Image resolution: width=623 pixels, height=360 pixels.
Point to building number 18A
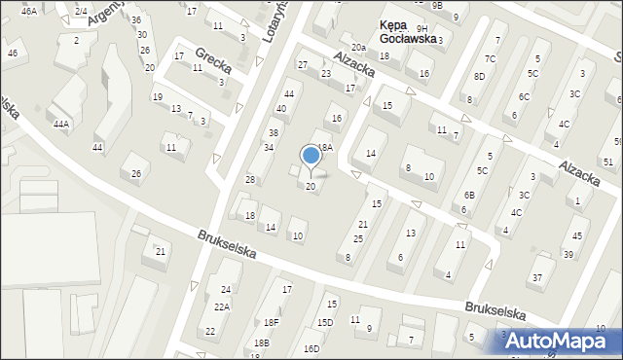point(324,147)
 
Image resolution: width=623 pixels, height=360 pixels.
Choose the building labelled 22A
point(222,306)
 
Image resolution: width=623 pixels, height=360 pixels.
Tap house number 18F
point(271,322)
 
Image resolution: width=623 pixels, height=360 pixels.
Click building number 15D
point(324,322)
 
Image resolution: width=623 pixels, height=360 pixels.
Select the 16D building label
point(311,348)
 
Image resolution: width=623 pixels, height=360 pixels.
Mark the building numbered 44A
point(61,125)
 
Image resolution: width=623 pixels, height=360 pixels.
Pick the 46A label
point(29,11)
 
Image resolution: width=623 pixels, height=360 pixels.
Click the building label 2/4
point(80,11)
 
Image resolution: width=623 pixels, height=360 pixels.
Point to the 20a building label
point(358,47)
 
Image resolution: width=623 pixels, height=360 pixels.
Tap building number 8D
point(479,76)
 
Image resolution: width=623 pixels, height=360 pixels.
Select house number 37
point(535,278)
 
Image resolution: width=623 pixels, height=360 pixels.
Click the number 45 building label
point(578,235)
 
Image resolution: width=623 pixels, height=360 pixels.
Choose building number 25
point(358,238)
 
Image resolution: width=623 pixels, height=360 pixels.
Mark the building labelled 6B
point(469,195)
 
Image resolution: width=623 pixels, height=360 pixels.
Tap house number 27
point(303,64)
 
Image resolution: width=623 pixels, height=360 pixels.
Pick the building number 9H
point(421,29)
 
